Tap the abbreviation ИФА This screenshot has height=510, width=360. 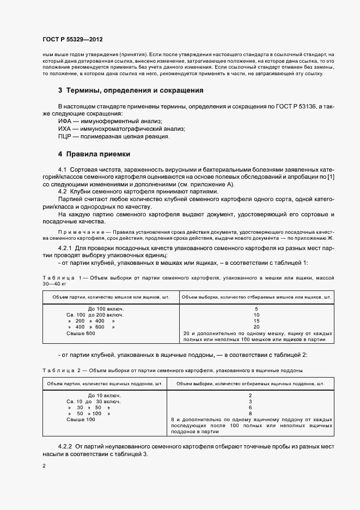pyautogui.click(x=66, y=121)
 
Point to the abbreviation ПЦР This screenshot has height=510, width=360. pyautogui.click(x=66, y=136)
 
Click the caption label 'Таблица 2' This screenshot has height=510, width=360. pyautogui.click(x=59, y=370)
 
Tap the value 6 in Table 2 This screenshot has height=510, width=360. pyautogui.click(x=250, y=407)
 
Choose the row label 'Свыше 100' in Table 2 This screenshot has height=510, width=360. pyautogui.click(x=81, y=420)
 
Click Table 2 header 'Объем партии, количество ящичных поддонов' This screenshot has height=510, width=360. pyautogui.click(x=105, y=384)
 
